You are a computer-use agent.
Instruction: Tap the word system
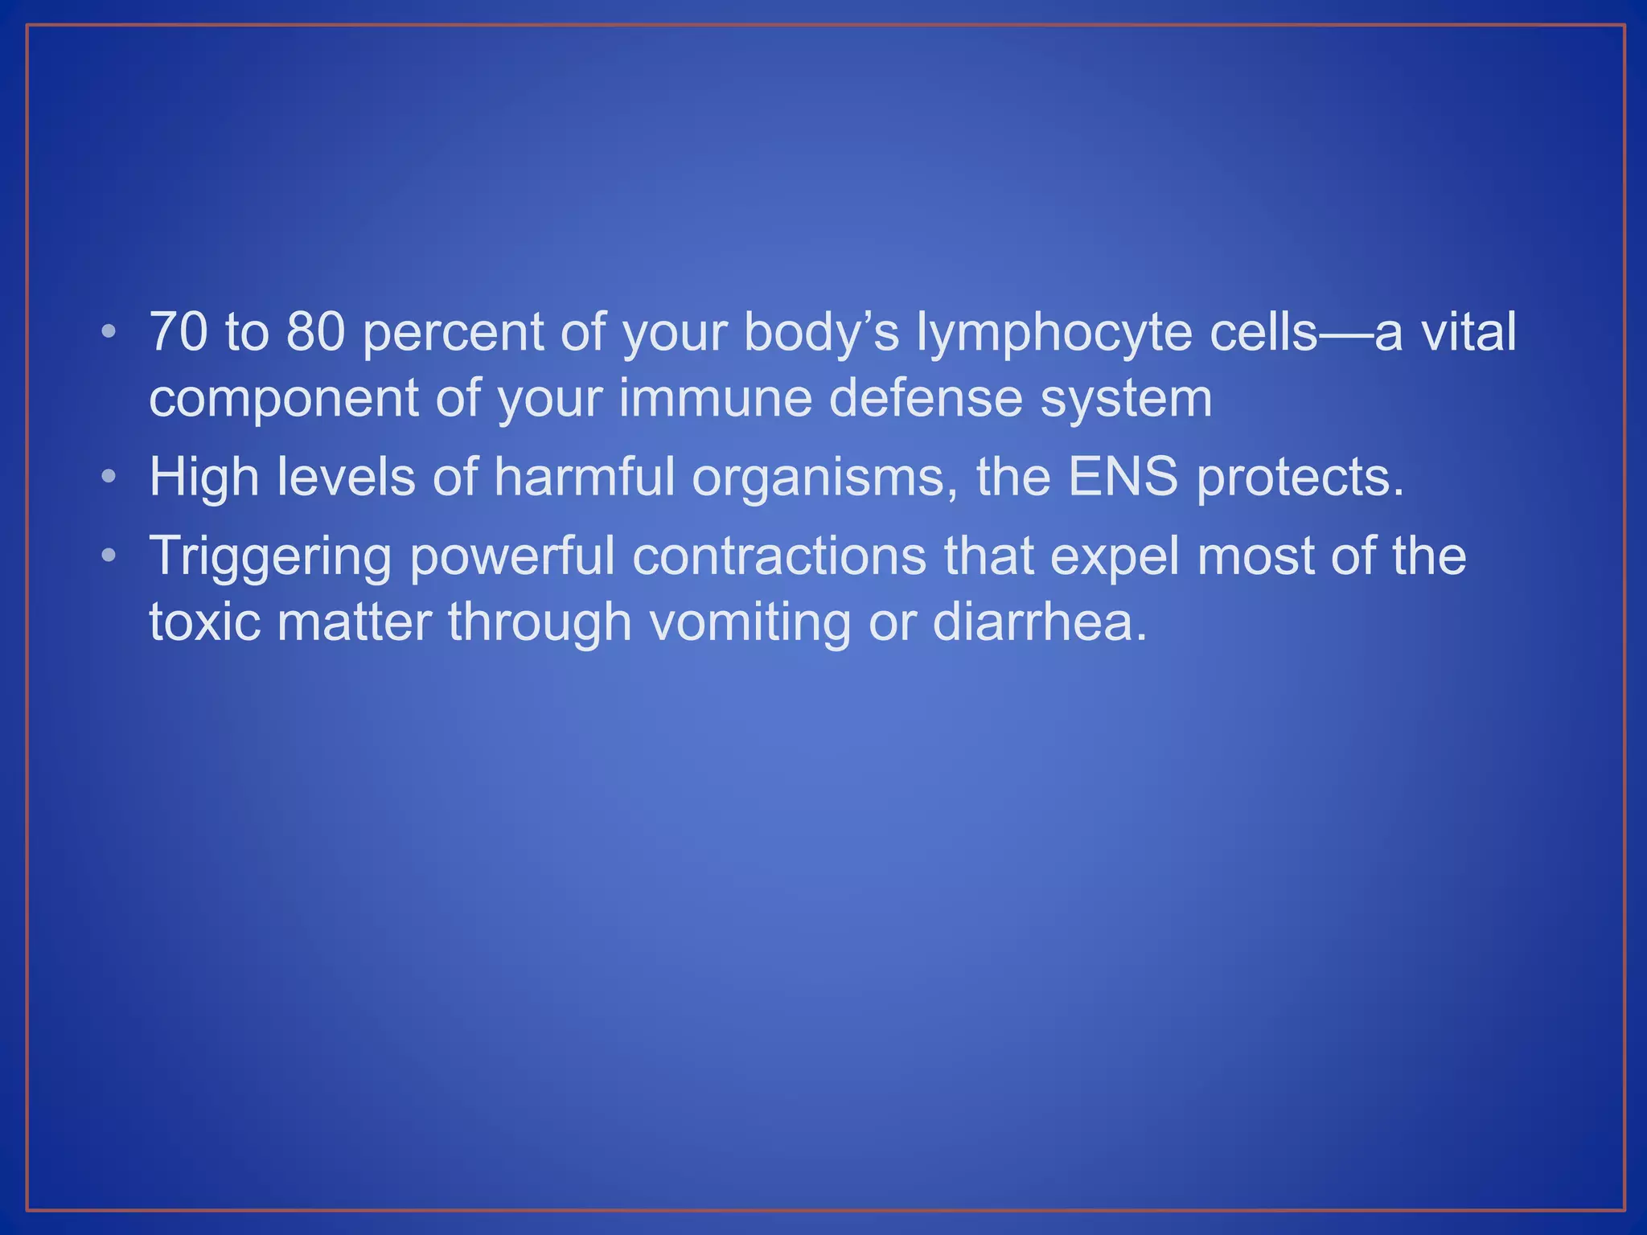coord(1126,400)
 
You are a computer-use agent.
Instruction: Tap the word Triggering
coord(270,556)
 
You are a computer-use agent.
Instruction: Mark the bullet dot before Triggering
coord(109,556)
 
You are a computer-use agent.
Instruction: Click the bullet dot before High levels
coord(109,477)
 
